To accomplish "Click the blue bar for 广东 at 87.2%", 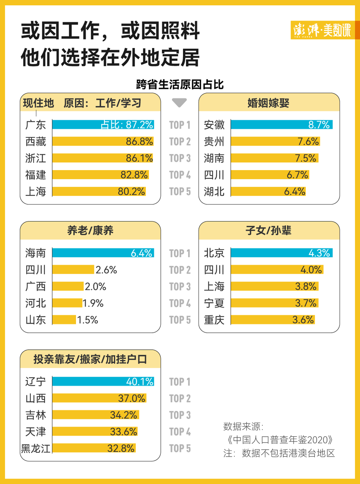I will pos(103,124).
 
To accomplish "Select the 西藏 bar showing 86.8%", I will pos(103,141).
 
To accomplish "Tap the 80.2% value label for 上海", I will pos(131,192).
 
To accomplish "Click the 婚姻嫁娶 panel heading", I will pos(269,102).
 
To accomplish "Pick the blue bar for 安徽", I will pos(281,124).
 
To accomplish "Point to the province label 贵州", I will pos(214,141).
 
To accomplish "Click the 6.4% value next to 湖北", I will pos(294,192).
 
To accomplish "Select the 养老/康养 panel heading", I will pos(90,231).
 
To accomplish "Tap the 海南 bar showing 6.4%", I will pos(103,253).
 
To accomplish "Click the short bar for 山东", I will pos(64,320).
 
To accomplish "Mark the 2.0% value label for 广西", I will pos(95,287).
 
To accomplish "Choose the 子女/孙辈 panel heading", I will pos(269,231).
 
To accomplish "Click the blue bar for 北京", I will pos(281,253).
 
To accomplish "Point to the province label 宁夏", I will pos(214,303).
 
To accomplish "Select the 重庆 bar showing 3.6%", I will pos(272,320).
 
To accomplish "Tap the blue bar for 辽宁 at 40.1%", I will pos(103,382).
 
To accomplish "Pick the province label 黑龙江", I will pos(36,448).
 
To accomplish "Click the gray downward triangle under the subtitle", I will pos(179,103).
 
